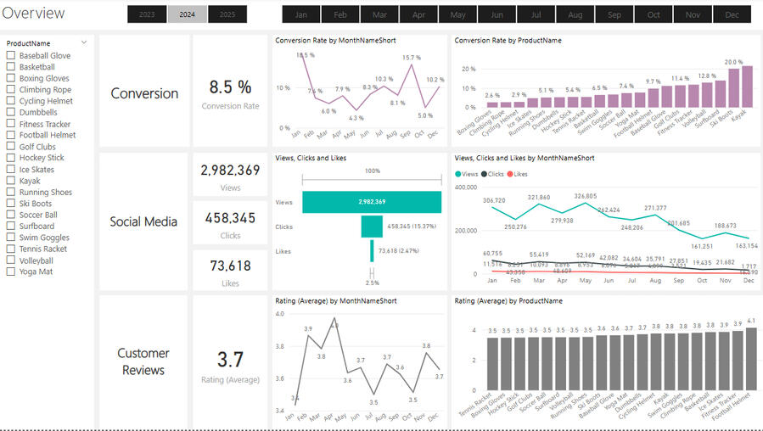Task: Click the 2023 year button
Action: point(147,14)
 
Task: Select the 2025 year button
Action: point(227,14)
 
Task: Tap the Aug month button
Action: point(575,14)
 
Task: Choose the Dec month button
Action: point(732,14)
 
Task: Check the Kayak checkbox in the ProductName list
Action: point(11,181)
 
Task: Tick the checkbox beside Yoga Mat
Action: point(11,272)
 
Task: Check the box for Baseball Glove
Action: point(11,56)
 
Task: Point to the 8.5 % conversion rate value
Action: point(230,87)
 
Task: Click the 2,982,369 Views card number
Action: point(230,170)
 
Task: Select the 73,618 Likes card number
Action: point(230,266)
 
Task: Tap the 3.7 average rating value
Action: point(230,360)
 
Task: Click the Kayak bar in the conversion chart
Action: point(747,88)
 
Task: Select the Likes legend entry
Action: point(519,173)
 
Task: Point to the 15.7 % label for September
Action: point(412,58)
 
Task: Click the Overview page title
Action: point(33,13)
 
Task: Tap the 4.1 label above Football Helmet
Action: point(751,321)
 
